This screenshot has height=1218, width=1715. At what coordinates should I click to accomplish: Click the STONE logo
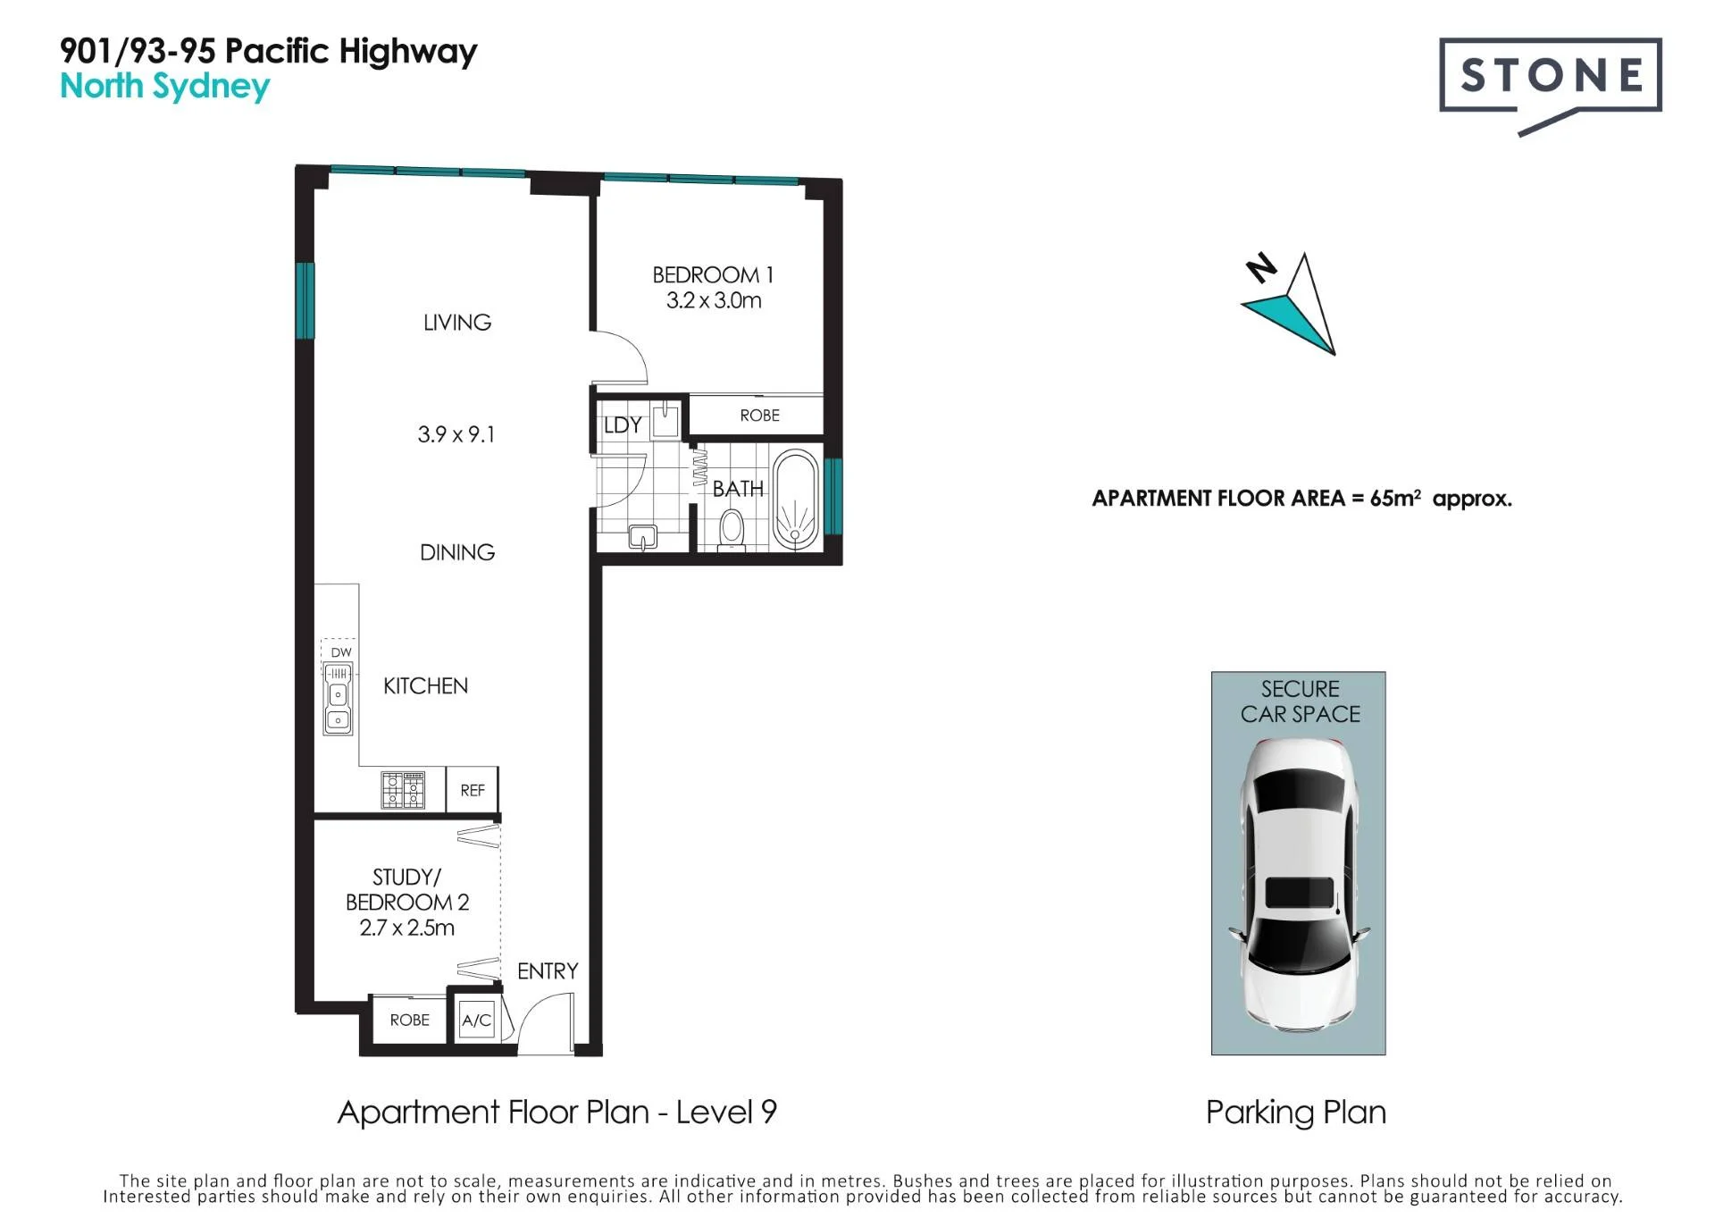1551,85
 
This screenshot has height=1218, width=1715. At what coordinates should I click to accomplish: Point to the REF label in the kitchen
473,791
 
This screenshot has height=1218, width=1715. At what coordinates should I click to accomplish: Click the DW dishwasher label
341,652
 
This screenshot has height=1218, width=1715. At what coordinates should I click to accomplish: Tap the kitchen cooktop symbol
403,790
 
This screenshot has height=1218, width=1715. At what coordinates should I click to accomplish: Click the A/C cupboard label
476,1021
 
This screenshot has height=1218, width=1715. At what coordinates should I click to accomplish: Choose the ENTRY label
548,971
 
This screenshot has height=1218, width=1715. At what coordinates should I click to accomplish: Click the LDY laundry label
623,425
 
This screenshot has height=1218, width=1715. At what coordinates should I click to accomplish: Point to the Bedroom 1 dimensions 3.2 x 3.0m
714,300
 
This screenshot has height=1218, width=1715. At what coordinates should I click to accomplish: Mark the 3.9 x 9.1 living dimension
456,434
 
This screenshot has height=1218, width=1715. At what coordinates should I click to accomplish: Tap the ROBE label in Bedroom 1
760,416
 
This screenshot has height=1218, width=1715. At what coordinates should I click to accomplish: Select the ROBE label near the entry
410,1021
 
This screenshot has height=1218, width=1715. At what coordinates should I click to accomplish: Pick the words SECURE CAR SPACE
1301,701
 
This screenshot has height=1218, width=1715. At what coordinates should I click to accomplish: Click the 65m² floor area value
1395,498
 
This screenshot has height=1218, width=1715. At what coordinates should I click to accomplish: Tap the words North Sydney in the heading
165,88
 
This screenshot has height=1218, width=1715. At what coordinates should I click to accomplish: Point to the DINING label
457,552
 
